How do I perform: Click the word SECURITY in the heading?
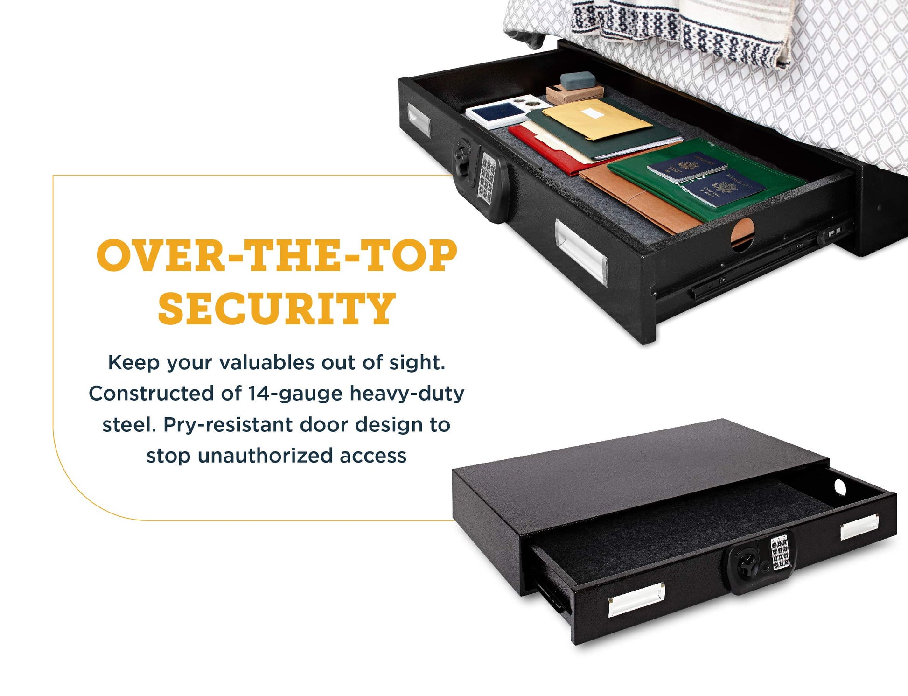277,309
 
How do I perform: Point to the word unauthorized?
265,456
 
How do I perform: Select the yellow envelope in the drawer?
597,119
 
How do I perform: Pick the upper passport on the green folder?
686,167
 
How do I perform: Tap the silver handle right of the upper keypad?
581,252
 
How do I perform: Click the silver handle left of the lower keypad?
636,599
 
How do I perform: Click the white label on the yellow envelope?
592,112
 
